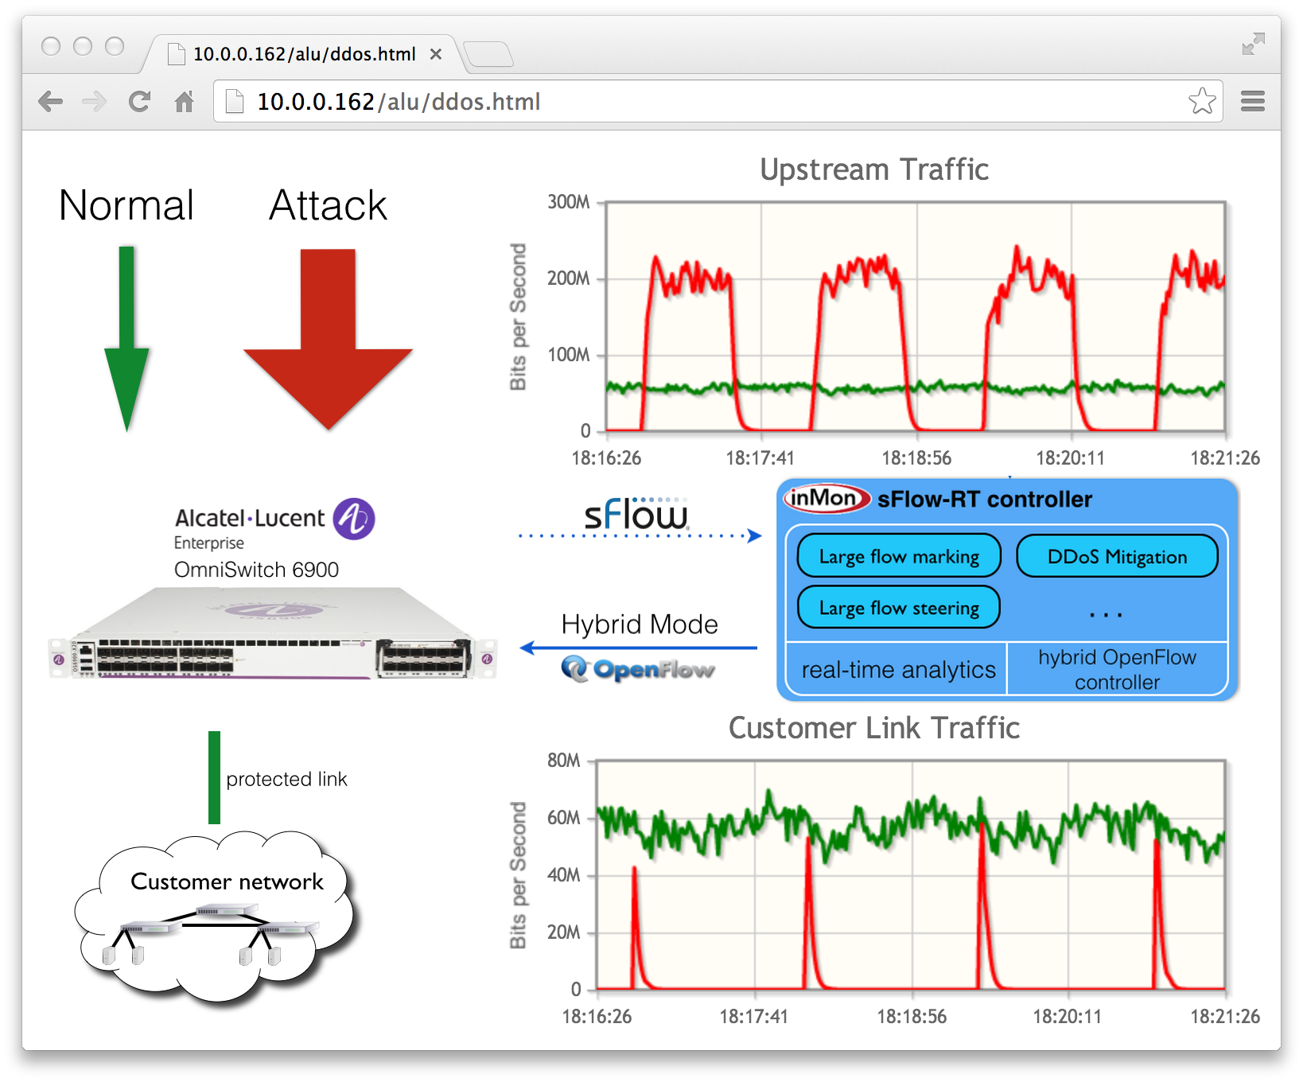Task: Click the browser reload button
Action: click(x=140, y=102)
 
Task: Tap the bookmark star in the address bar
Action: click(x=1202, y=101)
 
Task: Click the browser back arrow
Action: click(x=51, y=102)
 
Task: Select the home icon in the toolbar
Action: click(x=185, y=102)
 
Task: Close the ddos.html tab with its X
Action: click(x=436, y=54)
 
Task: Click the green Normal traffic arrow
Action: click(x=126, y=334)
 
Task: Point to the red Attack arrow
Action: click(x=328, y=334)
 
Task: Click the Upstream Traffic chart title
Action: click(x=873, y=169)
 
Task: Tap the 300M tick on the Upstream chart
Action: click(x=568, y=202)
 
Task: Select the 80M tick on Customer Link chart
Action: click(x=563, y=761)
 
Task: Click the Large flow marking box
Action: click(x=899, y=556)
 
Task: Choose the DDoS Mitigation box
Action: click(x=1117, y=556)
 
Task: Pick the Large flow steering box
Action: click(x=899, y=608)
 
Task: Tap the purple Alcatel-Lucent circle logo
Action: click(x=354, y=519)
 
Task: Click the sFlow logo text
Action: click(x=636, y=515)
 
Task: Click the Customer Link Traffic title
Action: click(x=873, y=728)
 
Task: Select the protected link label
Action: click(x=286, y=779)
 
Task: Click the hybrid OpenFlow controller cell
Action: click(x=1117, y=669)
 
